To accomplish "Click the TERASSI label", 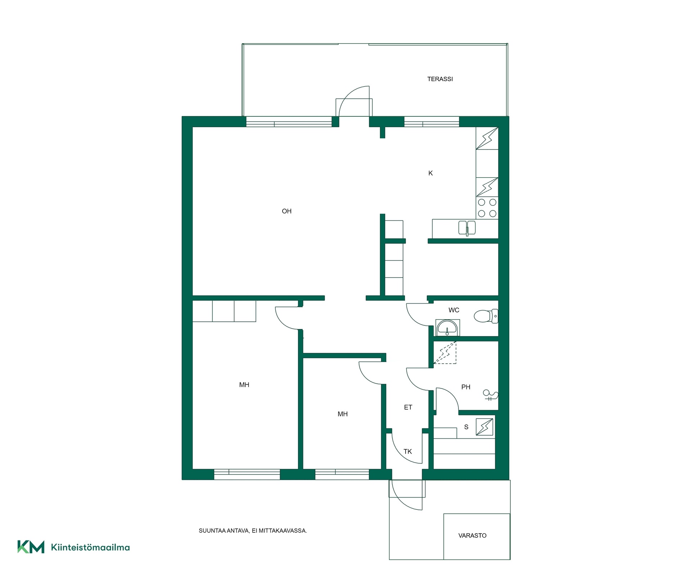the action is click(440, 79).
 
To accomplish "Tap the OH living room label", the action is click(286, 211).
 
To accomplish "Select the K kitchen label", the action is click(430, 173).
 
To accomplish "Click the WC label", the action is click(454, 310).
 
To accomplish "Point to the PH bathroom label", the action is click(466, 387).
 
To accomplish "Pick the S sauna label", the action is click(466, 427).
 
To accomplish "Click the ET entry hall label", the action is click(408, 407).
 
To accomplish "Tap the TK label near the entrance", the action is click(407, 451).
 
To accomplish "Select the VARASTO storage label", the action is click(472, 535).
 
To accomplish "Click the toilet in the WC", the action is click(486, 316).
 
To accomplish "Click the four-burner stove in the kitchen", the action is click(487, 208).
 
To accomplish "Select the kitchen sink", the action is click(467, 228).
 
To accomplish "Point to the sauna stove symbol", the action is click(484, 427).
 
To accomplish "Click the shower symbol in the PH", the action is click(491, 395).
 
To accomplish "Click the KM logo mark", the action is click(31, 547).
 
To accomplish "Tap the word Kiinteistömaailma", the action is click(90, 548).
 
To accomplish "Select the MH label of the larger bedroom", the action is click(244, 385).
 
